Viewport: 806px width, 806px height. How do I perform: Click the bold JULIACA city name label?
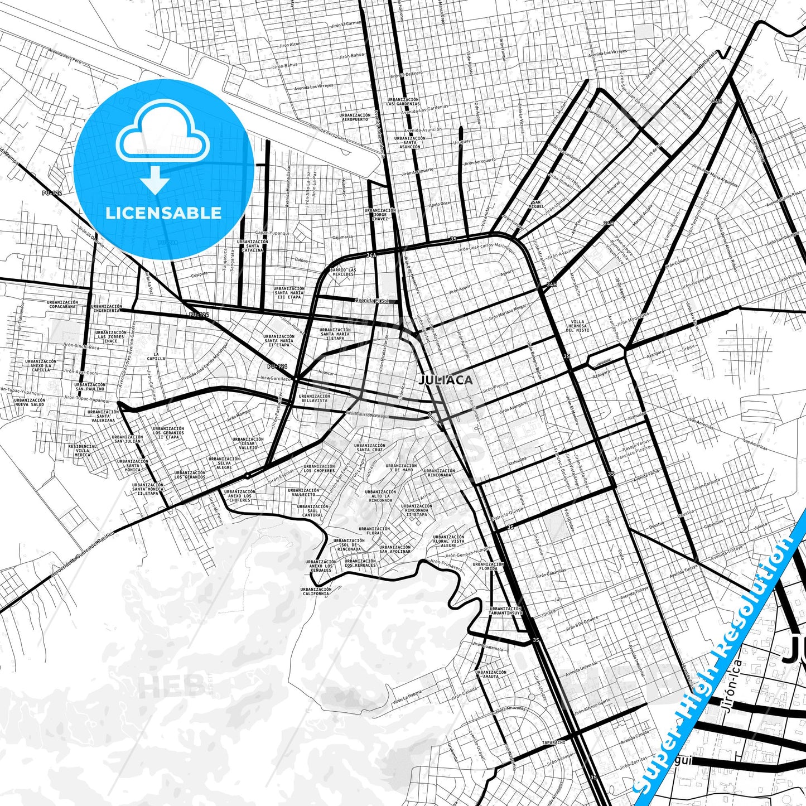pos(446,380)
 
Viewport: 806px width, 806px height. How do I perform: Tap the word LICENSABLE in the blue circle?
pos(163,213)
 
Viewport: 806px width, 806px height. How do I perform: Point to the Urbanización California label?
pos(316,591)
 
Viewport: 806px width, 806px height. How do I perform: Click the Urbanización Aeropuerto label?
pos(354,117)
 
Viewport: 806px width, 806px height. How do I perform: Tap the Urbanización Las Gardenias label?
pos(402,102)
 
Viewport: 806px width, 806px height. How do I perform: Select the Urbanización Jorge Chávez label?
pos(380,214)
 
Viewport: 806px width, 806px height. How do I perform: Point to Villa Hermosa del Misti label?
pos(577,326)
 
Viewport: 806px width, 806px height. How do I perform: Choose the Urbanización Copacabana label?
pos(62,305)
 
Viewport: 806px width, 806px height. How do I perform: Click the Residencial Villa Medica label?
pos(83,451)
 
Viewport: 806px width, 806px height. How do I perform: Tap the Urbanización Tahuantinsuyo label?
pos(505,611)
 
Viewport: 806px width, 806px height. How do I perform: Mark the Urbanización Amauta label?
pos(491,674)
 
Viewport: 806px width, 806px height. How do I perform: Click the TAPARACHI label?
pos(553,742)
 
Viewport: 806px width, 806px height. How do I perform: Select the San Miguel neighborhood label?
pos(537,204)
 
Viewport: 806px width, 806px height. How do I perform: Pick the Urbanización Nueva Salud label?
pos(30,402)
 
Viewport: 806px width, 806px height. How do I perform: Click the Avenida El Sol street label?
pos(373,301)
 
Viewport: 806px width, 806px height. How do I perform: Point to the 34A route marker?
pos(371,255)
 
